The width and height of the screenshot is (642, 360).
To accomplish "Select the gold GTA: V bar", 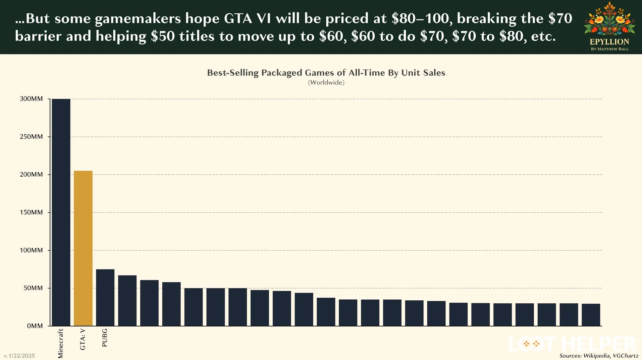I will point(83,248).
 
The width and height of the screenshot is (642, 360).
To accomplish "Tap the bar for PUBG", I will point(105,297).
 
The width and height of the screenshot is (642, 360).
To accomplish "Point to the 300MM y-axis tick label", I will point(31,99).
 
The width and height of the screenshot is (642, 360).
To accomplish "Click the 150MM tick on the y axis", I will point(31,212).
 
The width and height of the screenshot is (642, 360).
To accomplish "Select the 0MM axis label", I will point(35,326).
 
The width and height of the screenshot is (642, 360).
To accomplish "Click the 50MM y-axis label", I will point(33,288).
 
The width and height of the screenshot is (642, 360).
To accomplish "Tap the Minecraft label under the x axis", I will point(61,344).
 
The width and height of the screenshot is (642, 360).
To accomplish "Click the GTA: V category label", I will point(83,339).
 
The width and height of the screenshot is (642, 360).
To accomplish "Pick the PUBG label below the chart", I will point(105,338).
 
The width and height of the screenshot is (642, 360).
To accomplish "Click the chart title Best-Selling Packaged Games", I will point(326,73).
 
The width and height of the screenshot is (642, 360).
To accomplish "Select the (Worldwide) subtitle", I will point(326,82).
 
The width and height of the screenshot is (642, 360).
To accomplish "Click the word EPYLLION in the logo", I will point(609,42).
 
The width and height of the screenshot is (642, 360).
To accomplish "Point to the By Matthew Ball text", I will point(609,49).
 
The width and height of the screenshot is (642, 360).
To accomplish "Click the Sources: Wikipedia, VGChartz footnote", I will point(598,356).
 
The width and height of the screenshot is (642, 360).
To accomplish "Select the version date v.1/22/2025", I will point(19,356).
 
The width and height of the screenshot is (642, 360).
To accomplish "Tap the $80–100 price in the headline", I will point(420,18).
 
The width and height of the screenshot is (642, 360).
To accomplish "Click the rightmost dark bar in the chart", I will point(591,315).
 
